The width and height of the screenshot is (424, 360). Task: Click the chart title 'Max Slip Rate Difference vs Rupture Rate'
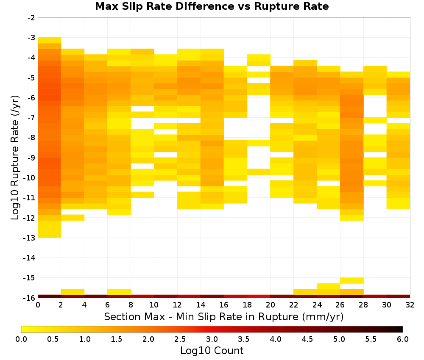(212, 6)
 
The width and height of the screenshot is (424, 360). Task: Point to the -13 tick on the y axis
(31, 238)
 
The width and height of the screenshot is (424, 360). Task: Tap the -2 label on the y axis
(31, 18)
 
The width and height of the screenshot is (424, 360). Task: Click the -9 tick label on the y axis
(31, 158)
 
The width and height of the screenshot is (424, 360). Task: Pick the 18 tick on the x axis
(247, 305)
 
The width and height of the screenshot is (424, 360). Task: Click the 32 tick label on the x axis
(410, 305)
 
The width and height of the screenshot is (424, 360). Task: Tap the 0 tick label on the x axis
(38, 305)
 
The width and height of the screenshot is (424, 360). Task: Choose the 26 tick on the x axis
(340, 305)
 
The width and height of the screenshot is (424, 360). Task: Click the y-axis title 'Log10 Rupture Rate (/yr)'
(15, 158)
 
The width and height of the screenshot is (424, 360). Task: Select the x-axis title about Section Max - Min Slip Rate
(224, 316)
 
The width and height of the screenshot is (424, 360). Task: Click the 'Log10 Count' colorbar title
(212, 351)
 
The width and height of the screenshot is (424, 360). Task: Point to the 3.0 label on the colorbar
(212, 339)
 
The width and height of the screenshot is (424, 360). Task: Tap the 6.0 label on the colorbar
(403, 339)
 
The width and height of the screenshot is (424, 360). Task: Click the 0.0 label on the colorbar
(21, 339)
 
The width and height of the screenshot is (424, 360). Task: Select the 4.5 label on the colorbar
(307, 339)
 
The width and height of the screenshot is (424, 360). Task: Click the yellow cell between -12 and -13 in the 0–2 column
(50, 229)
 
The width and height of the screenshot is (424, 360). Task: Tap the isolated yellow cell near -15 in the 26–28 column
(352, 280)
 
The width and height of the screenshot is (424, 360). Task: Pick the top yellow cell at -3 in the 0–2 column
(50, 40)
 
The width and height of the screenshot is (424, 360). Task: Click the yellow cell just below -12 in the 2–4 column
(73, 218)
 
